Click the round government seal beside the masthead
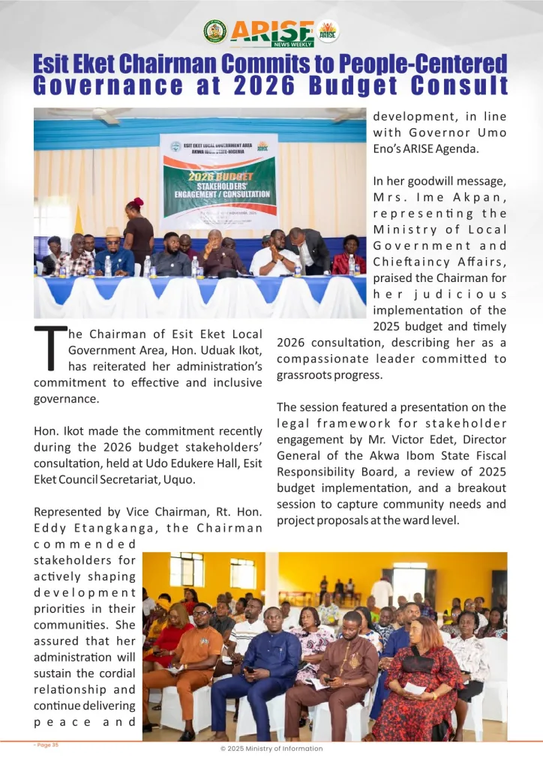click(215, 31)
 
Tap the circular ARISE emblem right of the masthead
click(328, 31)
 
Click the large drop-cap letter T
click(48, 349)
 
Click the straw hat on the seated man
click(112, 232)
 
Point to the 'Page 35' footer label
click(46, 745)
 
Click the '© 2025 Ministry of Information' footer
click(271, 748)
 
